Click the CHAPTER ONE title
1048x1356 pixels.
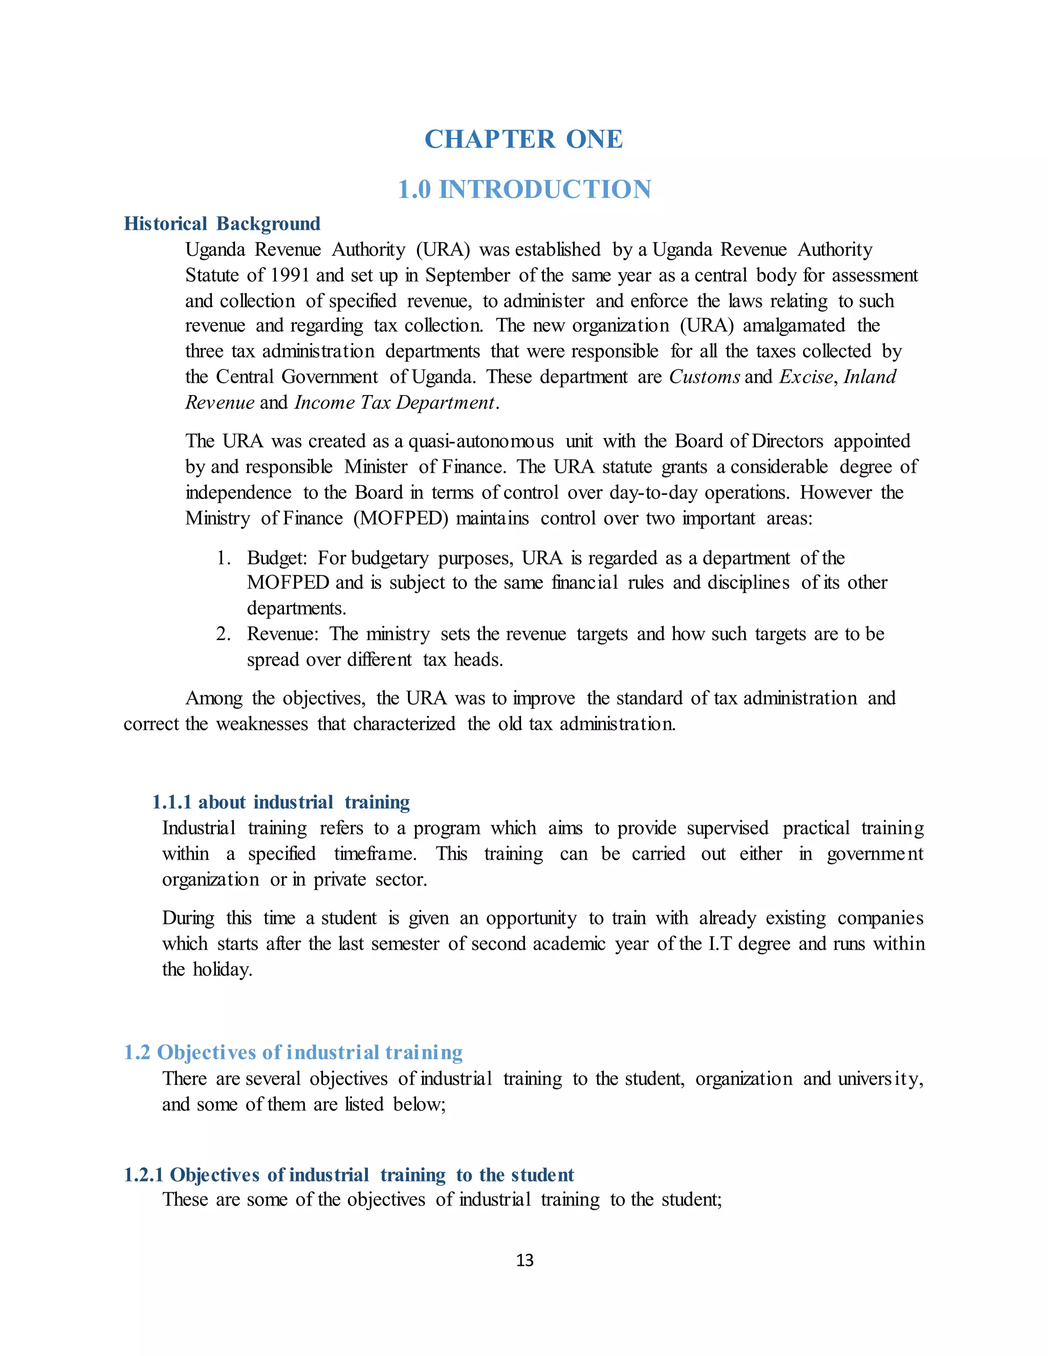(523, 139)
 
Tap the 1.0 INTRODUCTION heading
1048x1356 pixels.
(525, 189)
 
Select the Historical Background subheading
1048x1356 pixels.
(222, 224)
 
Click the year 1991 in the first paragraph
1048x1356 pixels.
(290, 275)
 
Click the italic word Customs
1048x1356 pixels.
(704, 377)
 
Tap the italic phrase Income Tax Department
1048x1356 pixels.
(395, 403)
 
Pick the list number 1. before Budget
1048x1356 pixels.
(224, 558)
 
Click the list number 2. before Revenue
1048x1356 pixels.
(224, 634)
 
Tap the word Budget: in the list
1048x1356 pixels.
(277, 558)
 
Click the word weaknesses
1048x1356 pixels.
(261, 724)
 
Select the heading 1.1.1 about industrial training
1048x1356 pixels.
(280, 802)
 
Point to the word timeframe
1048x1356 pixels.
(375, 854)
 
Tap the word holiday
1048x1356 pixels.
(222, 970)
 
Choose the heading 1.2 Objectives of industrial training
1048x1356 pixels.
(293, 1053)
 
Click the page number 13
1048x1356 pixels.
(525, 1260)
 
